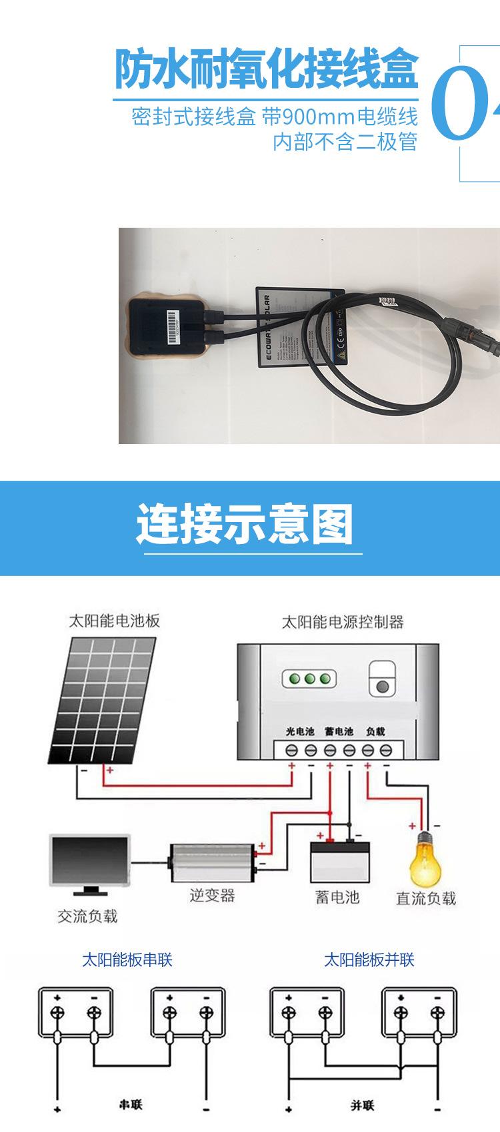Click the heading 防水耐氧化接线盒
(x=267, y=69)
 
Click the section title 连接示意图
(x=245, y=524)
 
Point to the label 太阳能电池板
(x=114, y=621)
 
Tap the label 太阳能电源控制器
(x=343, y=622)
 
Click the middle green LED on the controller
(x=309, y=679)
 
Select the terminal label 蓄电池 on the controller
(x=339, y=731)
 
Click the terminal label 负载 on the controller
(x=375, y=731)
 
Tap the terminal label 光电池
(x=300, y=731)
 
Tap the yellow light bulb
(x=425, y=859)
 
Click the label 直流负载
(x=425, y=898)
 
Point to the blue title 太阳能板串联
(x=127, y=960)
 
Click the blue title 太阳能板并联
(x=369, y=960)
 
